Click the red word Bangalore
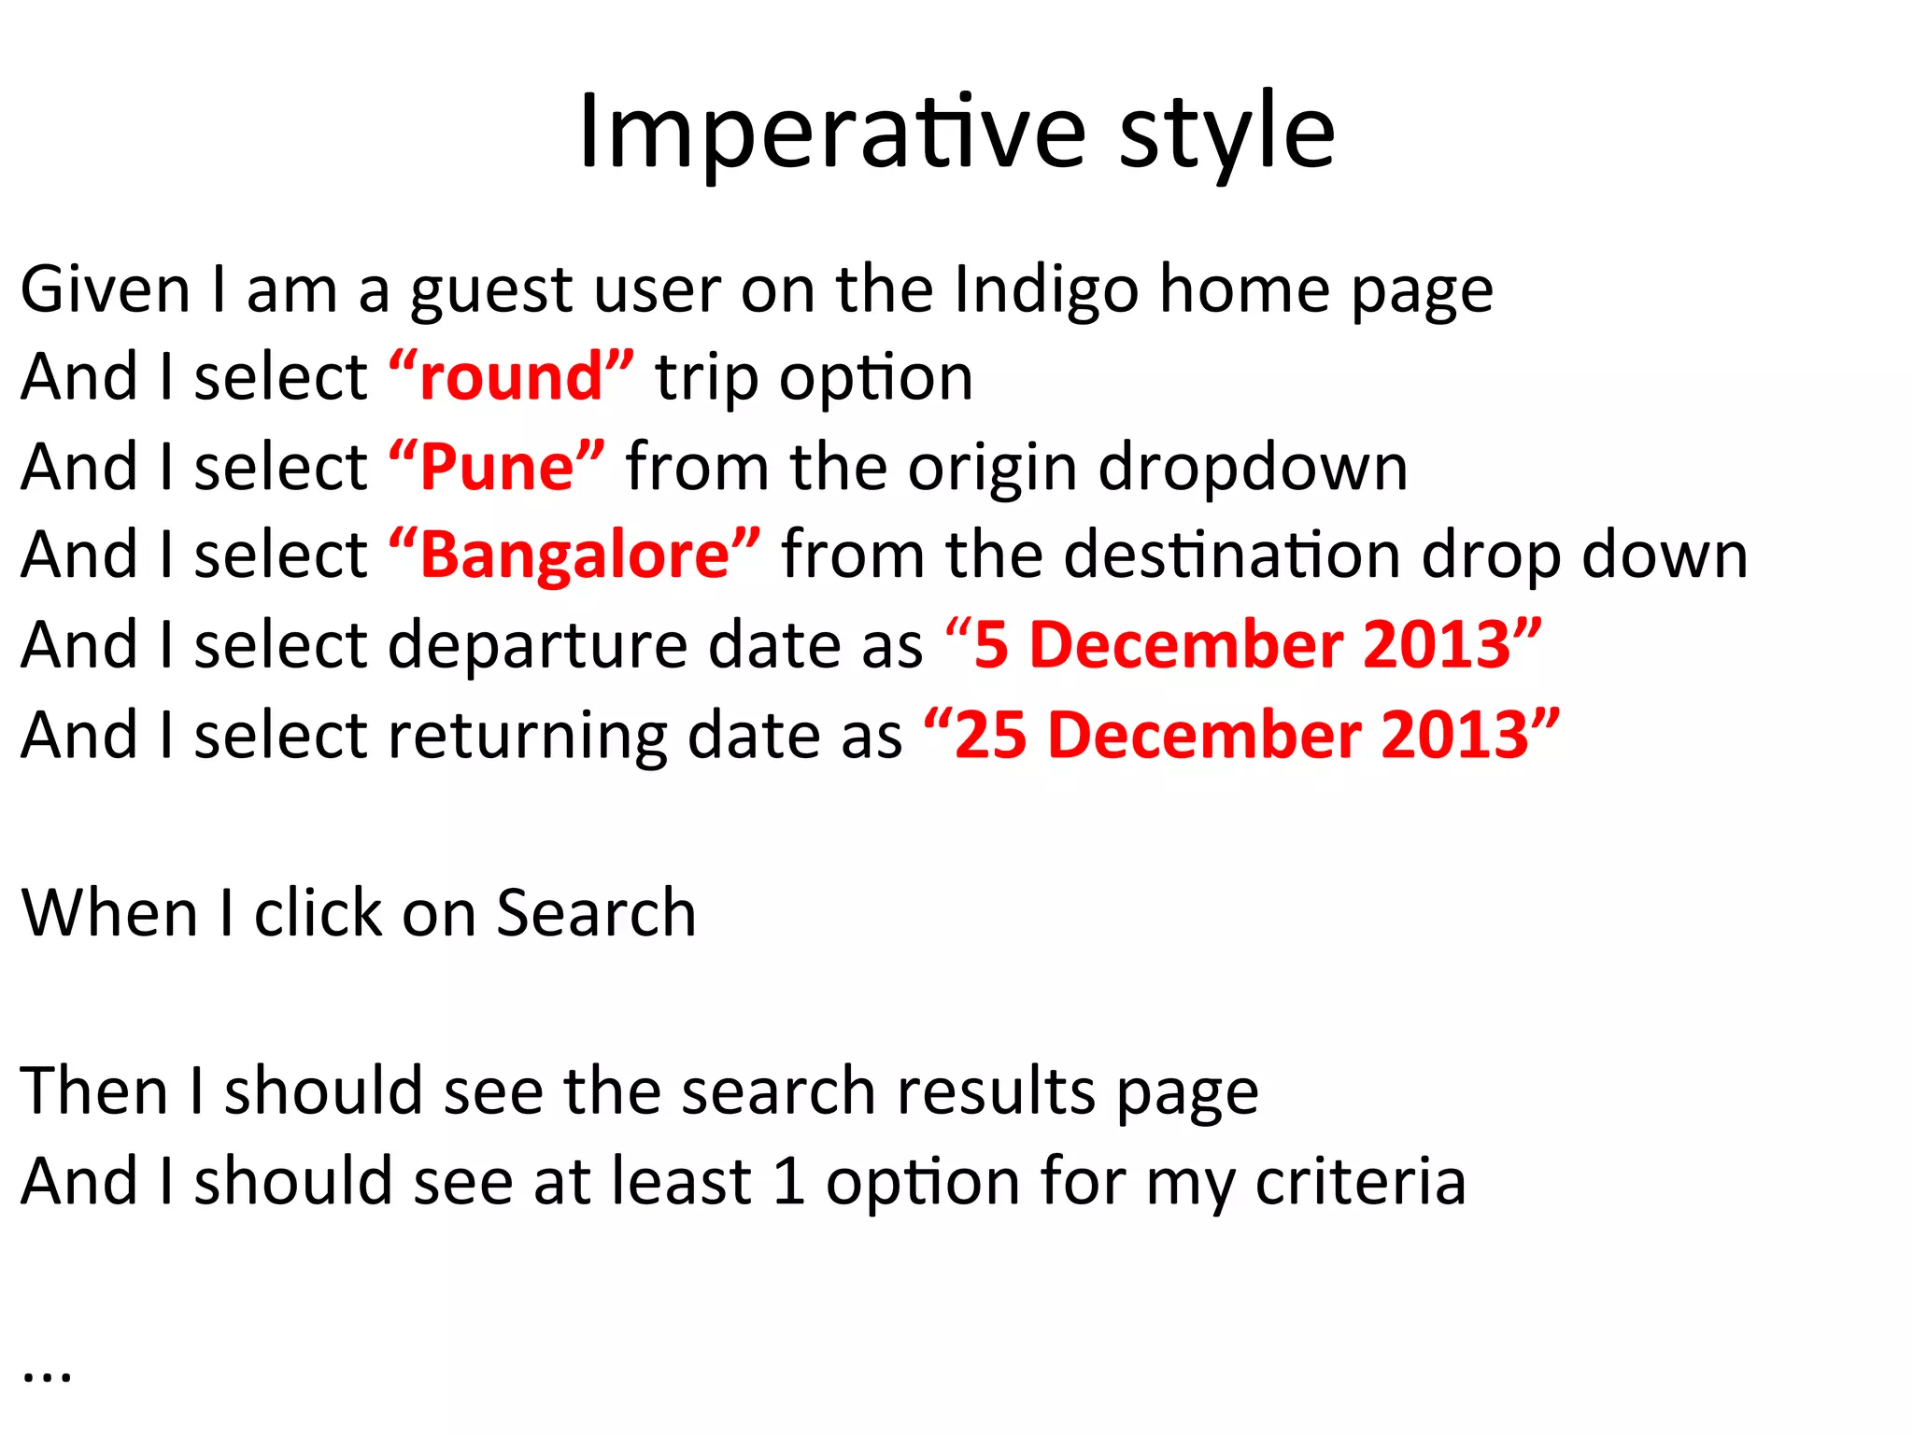click(x=574, y=555)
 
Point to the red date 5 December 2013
click(x=1242, y=645)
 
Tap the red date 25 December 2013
click(x=1241, y=735)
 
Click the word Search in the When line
click(x=596, y=913)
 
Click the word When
click(x=109, y=913)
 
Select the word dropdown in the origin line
click(x=1252, y=467)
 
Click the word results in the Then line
click(x=996, y=1090)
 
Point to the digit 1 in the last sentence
click(x=789, y=1181)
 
